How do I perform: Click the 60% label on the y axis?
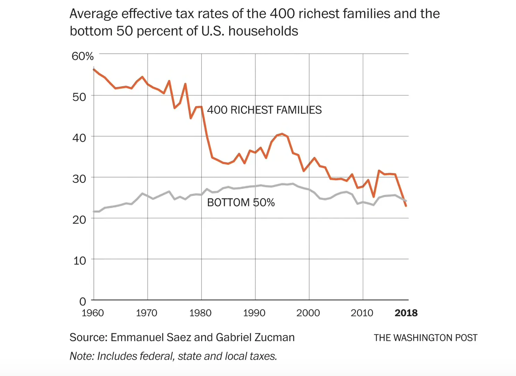(83, 56)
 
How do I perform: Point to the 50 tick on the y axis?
(79, 97)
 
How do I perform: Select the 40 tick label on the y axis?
(79, 138)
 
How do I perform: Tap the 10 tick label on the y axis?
(80, 261)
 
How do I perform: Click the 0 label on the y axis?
(83, 301)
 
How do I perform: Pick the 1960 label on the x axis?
(93, 313)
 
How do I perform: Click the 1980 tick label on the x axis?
(200, 313)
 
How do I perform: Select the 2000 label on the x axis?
(308, 313)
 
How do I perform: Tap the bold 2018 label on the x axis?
(406, 313)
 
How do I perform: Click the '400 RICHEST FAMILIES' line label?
(264, 110)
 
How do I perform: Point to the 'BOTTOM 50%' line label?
(241, 203)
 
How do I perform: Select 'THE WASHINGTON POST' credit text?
(425, 338)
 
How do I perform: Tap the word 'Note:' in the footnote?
(82, 356)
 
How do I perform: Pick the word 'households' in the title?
(263, 31)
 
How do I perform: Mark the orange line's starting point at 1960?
(94, 70)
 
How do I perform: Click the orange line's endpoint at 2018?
(406, 206)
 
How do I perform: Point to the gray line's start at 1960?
(94, 211)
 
